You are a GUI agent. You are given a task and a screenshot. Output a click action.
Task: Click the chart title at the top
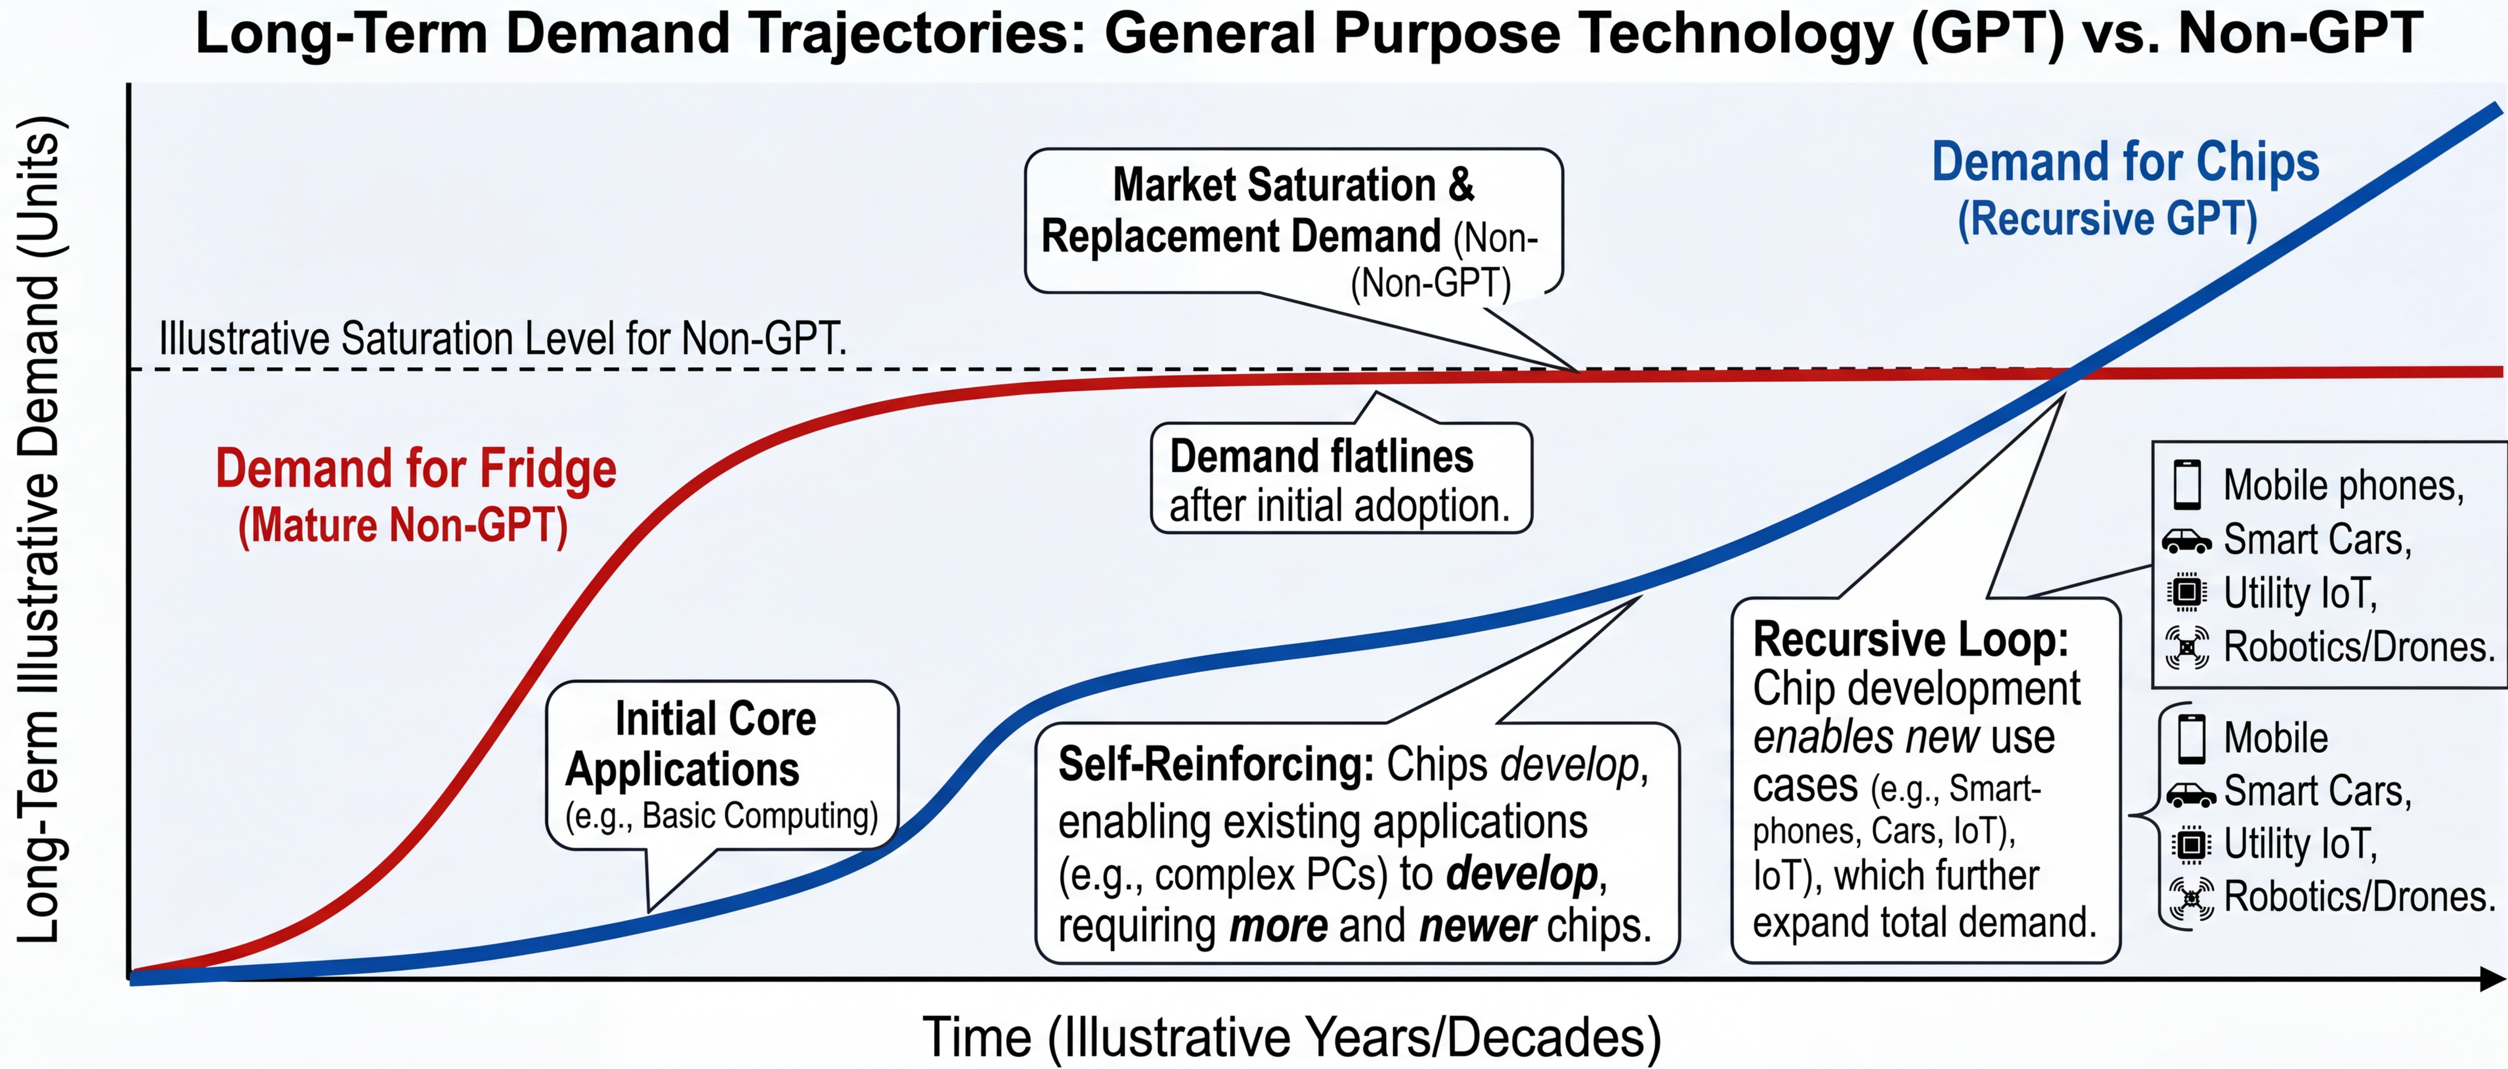(x=1309, y=33)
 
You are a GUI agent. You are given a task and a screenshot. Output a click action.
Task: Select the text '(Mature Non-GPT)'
(x=403, y=526)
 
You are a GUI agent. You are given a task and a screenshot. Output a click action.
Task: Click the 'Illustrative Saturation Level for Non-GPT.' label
(x=502, y=339)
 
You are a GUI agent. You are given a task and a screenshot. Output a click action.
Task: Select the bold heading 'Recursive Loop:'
(x=1910, y=639)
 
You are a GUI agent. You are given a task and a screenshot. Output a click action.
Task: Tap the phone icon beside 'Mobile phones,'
(x=2187, y=484)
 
